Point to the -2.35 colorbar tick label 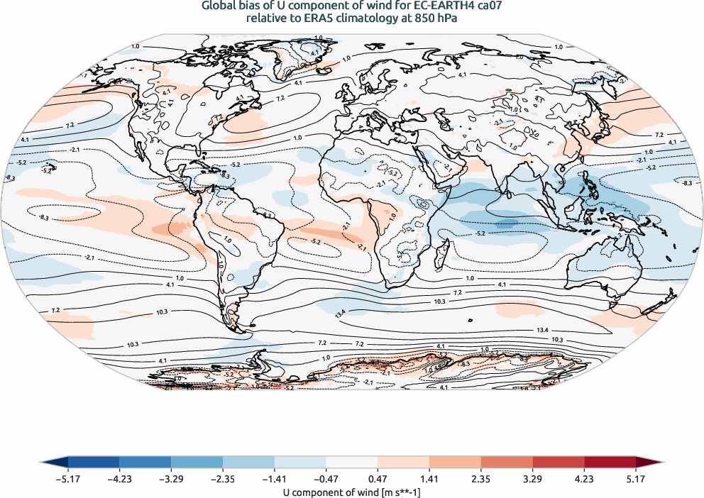[223, 478]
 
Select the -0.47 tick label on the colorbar [326, 478]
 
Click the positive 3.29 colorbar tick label [533, 478]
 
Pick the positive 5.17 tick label [637, 478]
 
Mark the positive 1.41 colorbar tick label [430, 478]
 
